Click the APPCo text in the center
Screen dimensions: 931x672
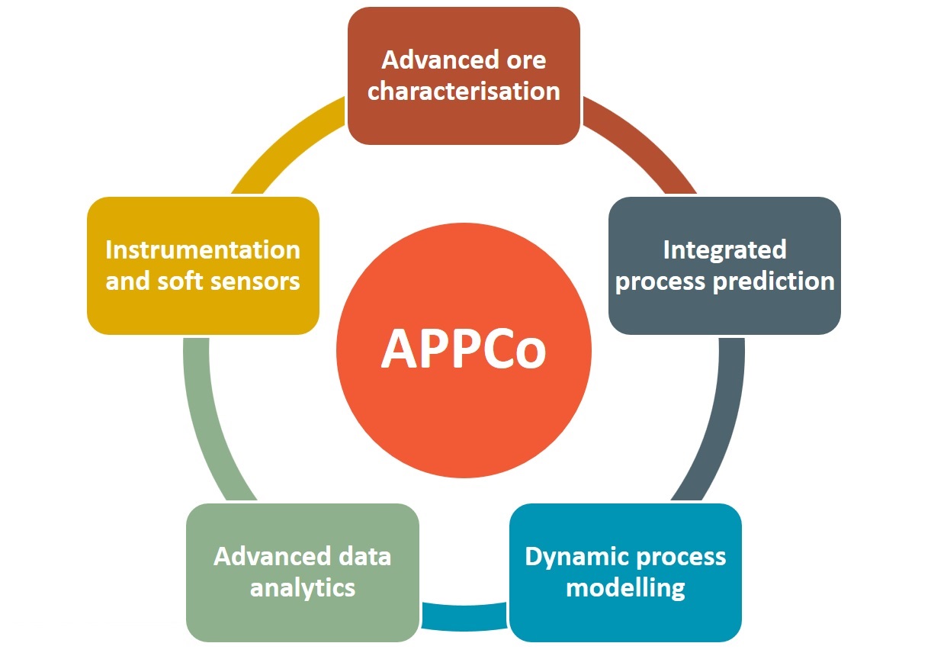(x=464, y=349)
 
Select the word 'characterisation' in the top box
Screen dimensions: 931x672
(x=464, y=91)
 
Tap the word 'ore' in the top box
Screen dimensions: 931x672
(x=526, y=61)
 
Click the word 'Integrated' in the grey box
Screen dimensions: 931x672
(x=724, y=251)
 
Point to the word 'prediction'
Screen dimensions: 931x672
(x=774, y=282)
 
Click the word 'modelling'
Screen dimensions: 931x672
(x=625, y=588)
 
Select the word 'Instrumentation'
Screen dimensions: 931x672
(x=202, y=251)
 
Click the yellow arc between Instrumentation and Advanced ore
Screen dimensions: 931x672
(x=283, y=143)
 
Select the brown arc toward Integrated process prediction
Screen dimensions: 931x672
(x=645, y=143)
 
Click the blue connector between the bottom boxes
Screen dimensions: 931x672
(x=464, y=616)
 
